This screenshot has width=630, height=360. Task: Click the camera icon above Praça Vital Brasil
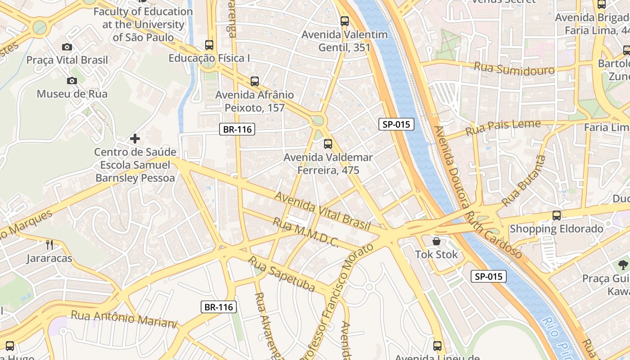(x=67, y=47)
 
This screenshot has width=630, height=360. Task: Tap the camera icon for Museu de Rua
(x=72, y=81)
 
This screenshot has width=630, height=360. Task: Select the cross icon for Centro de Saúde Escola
(x=135, y=139)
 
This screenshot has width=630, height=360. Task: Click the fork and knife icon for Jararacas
(x=49, y=245)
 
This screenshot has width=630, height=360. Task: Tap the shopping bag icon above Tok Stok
(x=436, y=241)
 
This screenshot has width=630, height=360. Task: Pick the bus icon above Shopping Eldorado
(x=557, y=216)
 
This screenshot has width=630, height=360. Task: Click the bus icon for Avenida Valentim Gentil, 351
(x=345, y=21)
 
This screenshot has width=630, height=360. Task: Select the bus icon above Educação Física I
(x=209, y=45)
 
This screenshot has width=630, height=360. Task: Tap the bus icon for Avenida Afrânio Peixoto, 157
(x=255, y=81)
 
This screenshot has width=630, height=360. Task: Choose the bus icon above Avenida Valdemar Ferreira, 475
(x=328, y=144)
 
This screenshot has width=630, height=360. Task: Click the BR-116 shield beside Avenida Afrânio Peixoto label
(x=238, y=130)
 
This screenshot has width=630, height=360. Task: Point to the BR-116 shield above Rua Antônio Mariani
(x=218, y=307)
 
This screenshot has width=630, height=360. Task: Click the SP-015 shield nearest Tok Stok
(x=489, y=276)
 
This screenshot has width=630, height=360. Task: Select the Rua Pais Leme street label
(x=503, y=127)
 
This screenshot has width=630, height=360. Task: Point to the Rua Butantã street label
(x=524, y=181)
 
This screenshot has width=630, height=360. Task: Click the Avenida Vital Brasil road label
(x=322, y=211)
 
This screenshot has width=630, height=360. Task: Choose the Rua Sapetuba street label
(x=282, y=274)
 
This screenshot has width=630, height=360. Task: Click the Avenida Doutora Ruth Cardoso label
(x=477, y=192)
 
